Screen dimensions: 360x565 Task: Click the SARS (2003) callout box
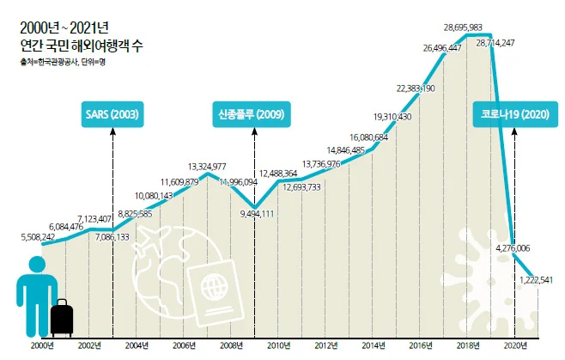click(x=113, y=113)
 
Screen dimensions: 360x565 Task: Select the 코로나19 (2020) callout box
click(x=513, y=113)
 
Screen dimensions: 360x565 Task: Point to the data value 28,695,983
click(x=467, y=27)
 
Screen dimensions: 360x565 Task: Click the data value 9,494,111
click(x=257, y=213)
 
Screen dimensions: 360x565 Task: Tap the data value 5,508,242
click(x=37, y=237)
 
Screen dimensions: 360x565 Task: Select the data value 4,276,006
click(x=513, y=247)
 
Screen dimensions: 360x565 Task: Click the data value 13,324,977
click(x=207, y=166)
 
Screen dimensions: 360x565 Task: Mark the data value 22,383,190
click(x=416, y=88)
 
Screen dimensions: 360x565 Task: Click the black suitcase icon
click(x=62, y=319)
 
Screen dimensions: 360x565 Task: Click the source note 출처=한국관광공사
click(x=51, y=61)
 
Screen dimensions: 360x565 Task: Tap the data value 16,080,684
click(x=369, y=137)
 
